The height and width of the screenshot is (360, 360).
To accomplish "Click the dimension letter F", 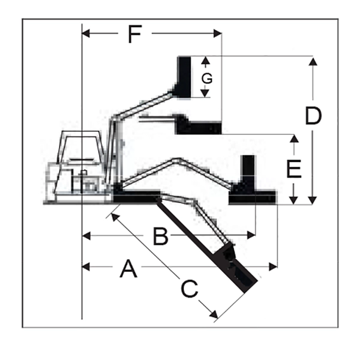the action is pos(135,34).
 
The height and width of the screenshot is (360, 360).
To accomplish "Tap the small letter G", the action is pos(207,79).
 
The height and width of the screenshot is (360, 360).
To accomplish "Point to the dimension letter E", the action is pos(294,169).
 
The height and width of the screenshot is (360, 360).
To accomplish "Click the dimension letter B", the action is pos(160,236).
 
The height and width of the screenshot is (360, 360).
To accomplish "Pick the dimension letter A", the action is pos(128,268).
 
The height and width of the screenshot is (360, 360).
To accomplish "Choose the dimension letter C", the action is pos(190,289).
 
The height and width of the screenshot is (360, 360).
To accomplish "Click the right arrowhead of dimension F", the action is pos(218,34).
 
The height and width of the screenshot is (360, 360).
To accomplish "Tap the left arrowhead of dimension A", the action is pos(86,267).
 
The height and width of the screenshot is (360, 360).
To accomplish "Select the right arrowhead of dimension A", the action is pos(273,267).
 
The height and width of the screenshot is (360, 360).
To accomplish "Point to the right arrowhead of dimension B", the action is pos(251,235).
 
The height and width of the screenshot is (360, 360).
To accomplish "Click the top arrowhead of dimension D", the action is pos(313,62).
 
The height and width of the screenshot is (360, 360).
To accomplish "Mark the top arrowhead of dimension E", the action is pos(294,139).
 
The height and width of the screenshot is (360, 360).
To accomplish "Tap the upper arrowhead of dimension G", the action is pos(205,60).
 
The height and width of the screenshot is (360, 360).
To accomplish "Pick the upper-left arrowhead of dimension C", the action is pos(115,217).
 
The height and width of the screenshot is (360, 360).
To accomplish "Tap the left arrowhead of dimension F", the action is pos(86,34).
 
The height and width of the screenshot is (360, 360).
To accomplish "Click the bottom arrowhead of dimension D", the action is pos(313,200).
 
